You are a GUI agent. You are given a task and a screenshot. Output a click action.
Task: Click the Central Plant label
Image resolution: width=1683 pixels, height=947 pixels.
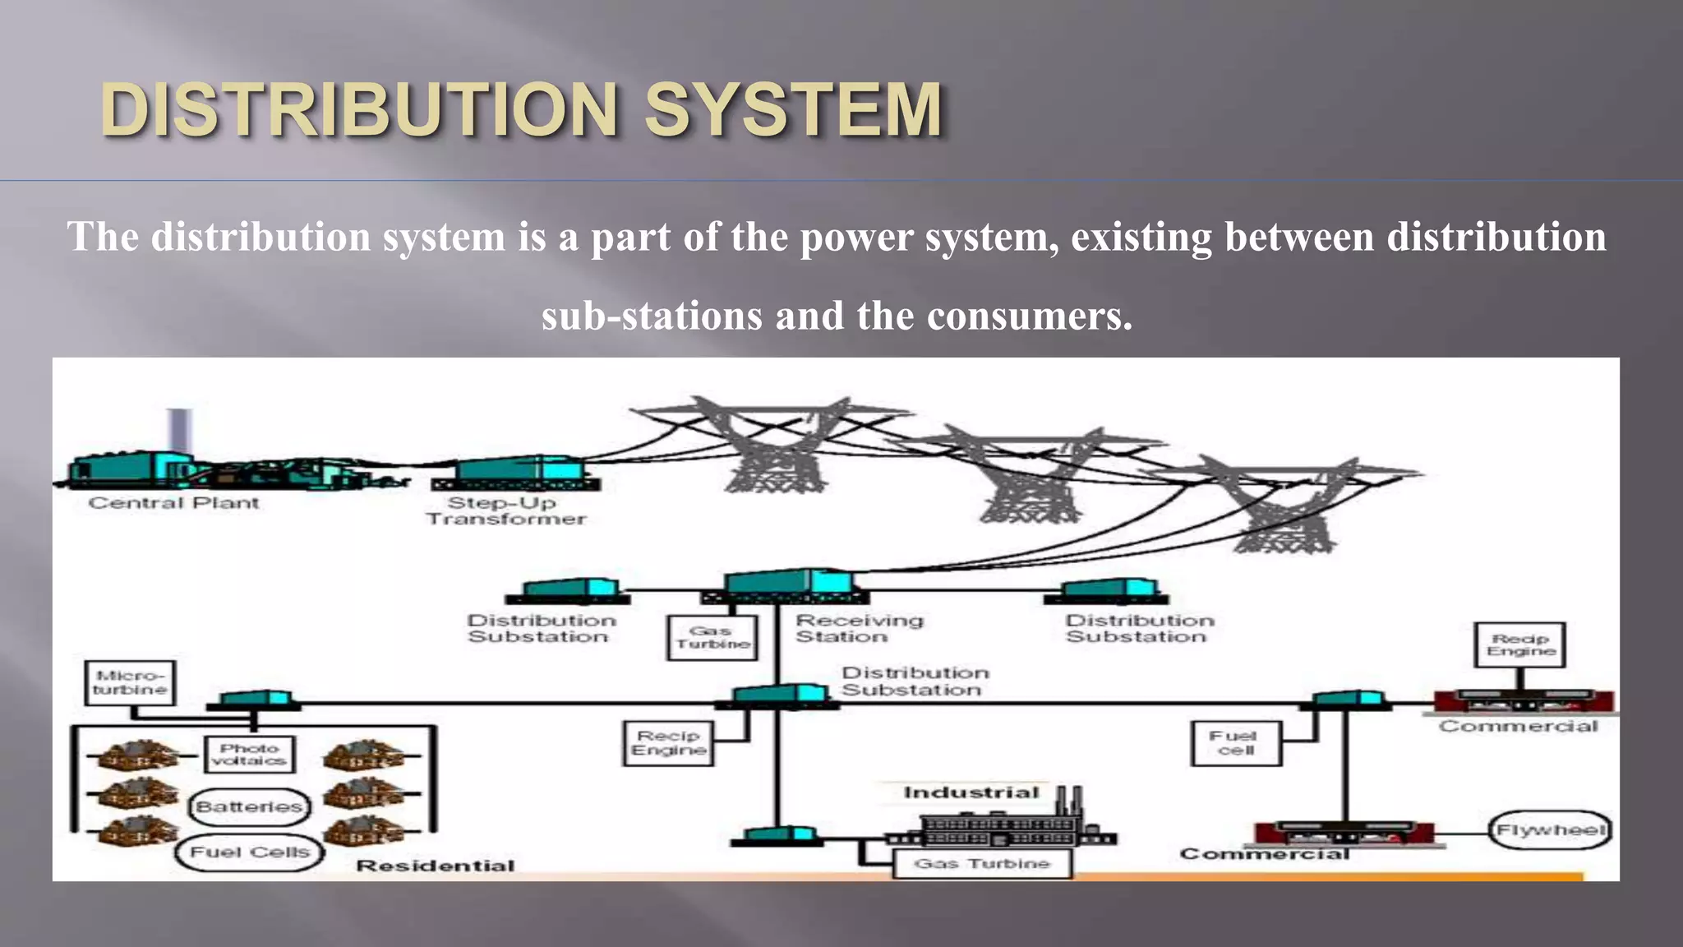[173, 503]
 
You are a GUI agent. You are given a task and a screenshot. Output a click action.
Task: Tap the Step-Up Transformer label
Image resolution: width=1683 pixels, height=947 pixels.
[505, 510]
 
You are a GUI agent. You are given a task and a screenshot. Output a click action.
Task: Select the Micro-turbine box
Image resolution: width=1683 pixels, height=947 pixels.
[130, 682]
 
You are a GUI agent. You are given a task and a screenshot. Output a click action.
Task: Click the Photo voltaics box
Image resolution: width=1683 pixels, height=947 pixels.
[249, 754]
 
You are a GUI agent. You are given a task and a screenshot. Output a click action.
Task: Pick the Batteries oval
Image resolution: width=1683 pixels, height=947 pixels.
[250, 806]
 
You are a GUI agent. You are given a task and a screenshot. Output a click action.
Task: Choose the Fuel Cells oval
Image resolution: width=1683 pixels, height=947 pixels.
[250, 852]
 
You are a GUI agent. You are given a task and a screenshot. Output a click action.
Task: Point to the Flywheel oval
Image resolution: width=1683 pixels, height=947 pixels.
[1550, 829]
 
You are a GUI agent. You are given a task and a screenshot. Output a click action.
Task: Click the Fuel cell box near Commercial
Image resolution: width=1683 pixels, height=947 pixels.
[1236, 743]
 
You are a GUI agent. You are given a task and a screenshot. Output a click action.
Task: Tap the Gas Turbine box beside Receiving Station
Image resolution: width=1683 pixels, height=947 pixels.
[712, 637]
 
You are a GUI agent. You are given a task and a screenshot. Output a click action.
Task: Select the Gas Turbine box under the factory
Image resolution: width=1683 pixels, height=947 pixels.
[982, 864]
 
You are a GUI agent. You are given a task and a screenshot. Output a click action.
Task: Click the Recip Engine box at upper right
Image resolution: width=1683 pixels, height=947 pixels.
[1520, 644]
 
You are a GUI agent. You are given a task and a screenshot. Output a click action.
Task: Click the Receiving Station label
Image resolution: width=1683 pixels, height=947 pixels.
[859, 628]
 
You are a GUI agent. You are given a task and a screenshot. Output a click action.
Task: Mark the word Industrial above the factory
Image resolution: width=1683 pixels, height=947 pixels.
[971, 792]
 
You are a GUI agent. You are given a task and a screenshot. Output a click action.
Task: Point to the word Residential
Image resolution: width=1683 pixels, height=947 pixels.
[436, 866]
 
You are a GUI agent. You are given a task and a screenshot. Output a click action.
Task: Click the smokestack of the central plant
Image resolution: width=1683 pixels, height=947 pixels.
[180, 431]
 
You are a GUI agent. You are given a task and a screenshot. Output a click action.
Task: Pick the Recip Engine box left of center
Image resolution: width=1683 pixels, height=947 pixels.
[668, 743]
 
